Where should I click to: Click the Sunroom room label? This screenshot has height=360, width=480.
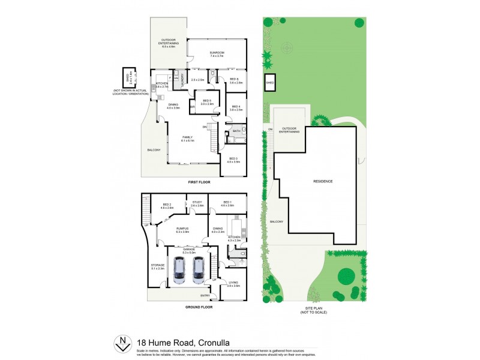[216, 53]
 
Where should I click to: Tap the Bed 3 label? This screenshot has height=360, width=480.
[234, 158]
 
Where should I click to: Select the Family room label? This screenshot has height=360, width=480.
[188, 137]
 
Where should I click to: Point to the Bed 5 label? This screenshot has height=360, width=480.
[207, 101]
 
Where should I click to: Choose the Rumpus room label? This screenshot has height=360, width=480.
[183, 228]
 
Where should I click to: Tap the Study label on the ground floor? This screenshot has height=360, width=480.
[197, 203]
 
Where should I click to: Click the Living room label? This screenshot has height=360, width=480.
[233, 283]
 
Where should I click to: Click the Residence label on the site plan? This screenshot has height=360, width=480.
[323, 181]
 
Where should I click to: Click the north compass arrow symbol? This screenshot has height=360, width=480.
[123, 343]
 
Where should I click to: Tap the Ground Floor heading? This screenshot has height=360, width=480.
[199, 307]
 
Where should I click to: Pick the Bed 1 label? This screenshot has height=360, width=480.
[228, 203]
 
